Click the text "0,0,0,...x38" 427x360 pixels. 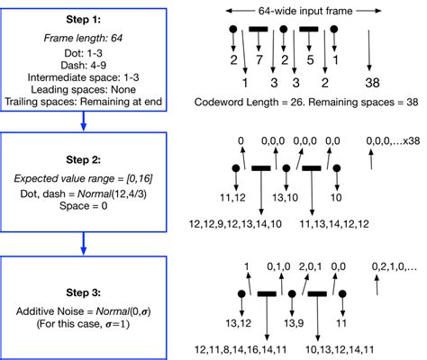point(389,142)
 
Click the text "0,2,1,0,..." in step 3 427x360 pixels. point(393,267)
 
